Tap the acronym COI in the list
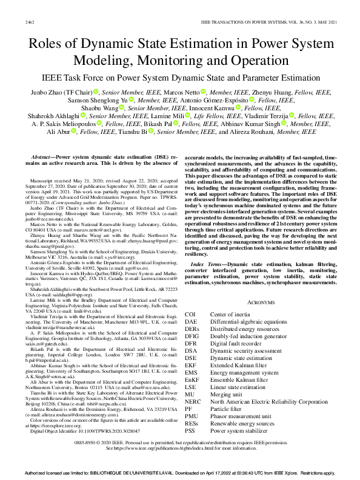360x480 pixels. coord(190,315)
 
